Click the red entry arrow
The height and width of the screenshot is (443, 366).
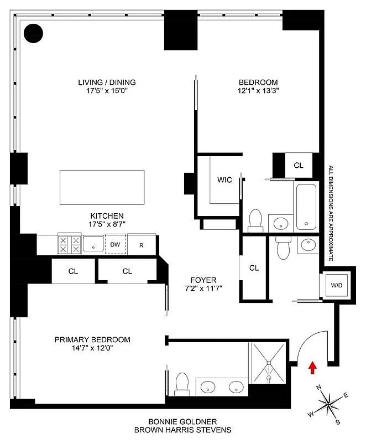point(312,367)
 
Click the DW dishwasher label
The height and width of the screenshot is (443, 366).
point(115,244)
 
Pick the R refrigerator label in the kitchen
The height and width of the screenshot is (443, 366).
point(142,244)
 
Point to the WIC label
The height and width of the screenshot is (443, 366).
point(224,179)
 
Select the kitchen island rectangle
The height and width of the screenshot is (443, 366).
point(102,188)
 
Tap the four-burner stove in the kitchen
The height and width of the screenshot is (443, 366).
point(69,244)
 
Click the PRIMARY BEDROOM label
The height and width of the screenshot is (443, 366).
point(92,339)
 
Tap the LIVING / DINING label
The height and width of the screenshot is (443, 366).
point(107,83)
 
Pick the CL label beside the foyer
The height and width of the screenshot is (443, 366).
point(254,268)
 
